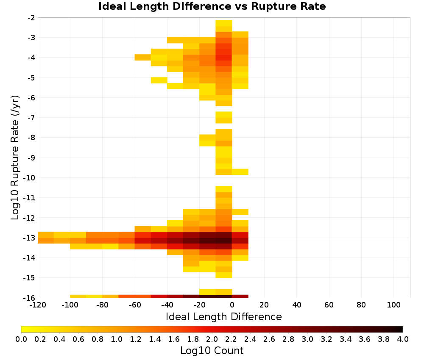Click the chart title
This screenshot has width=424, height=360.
(x=212, y=6)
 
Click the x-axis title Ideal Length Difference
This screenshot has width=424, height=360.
(x=223, y=316)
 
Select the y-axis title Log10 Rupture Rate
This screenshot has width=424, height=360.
(x=15, y=158)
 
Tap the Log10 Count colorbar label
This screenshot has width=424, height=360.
(x=212, y=351)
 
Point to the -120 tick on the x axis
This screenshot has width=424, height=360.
(x=38, y=305)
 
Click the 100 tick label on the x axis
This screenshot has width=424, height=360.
(x=394, y=305)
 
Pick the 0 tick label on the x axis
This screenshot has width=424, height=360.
(x=232, y=305)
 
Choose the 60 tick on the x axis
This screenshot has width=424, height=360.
(x=329, y=305)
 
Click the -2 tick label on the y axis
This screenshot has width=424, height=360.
(x=31, y=18)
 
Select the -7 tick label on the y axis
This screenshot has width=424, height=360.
(x=31, y=118)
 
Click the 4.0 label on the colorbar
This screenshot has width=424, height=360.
(x=403, y=339)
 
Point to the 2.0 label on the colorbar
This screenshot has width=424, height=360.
(x=212, y=339)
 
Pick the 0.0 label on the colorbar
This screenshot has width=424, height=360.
(x=21, y=339)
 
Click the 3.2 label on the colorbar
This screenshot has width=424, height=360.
(x=326, y=339)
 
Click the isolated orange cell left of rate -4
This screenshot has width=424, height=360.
(x=143, y=57)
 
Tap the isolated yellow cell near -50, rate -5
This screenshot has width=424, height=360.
(x=159, y=80)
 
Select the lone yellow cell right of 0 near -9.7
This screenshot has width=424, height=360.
(x=240, y=172)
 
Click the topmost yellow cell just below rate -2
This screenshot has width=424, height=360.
(x=224, y=23)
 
